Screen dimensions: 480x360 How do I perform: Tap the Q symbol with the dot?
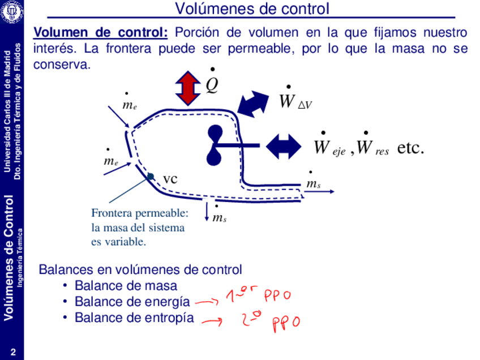click(x=212, y=84)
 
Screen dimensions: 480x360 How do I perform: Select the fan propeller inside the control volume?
click(x=215, y=145)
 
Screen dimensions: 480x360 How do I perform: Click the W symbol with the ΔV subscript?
click(x=295, y=102)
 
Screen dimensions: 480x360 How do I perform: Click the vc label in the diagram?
click(x=170, y=179)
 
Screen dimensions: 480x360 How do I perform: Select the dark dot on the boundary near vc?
click(x=151, y=177)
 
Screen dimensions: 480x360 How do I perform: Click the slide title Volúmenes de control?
click(x=252, y=9)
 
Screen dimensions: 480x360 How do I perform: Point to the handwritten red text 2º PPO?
click(x=269, y=322)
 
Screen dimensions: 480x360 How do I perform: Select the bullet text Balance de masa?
click(x=126, y=286)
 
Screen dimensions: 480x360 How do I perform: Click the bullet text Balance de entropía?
click(x=134, y=318)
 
